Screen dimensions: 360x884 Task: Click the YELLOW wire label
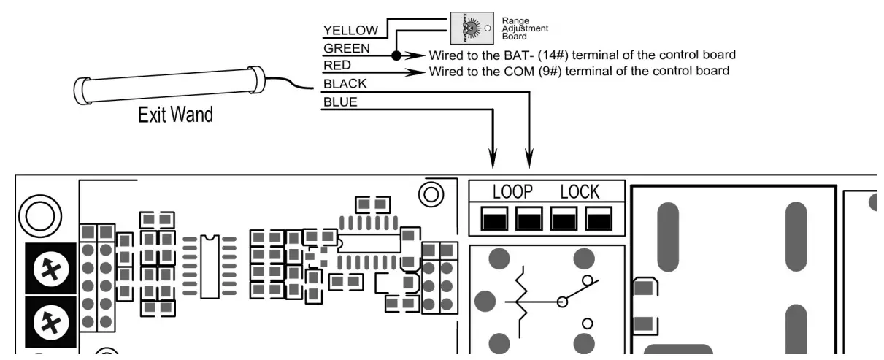350,30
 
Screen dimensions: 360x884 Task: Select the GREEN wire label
347,48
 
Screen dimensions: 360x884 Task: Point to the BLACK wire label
345,85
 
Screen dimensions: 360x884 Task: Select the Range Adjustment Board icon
467,28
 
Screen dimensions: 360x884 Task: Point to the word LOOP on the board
512,192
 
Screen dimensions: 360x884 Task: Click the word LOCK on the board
580,192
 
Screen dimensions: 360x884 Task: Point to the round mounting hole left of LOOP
431,194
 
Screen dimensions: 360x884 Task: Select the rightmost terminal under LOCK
598,218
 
